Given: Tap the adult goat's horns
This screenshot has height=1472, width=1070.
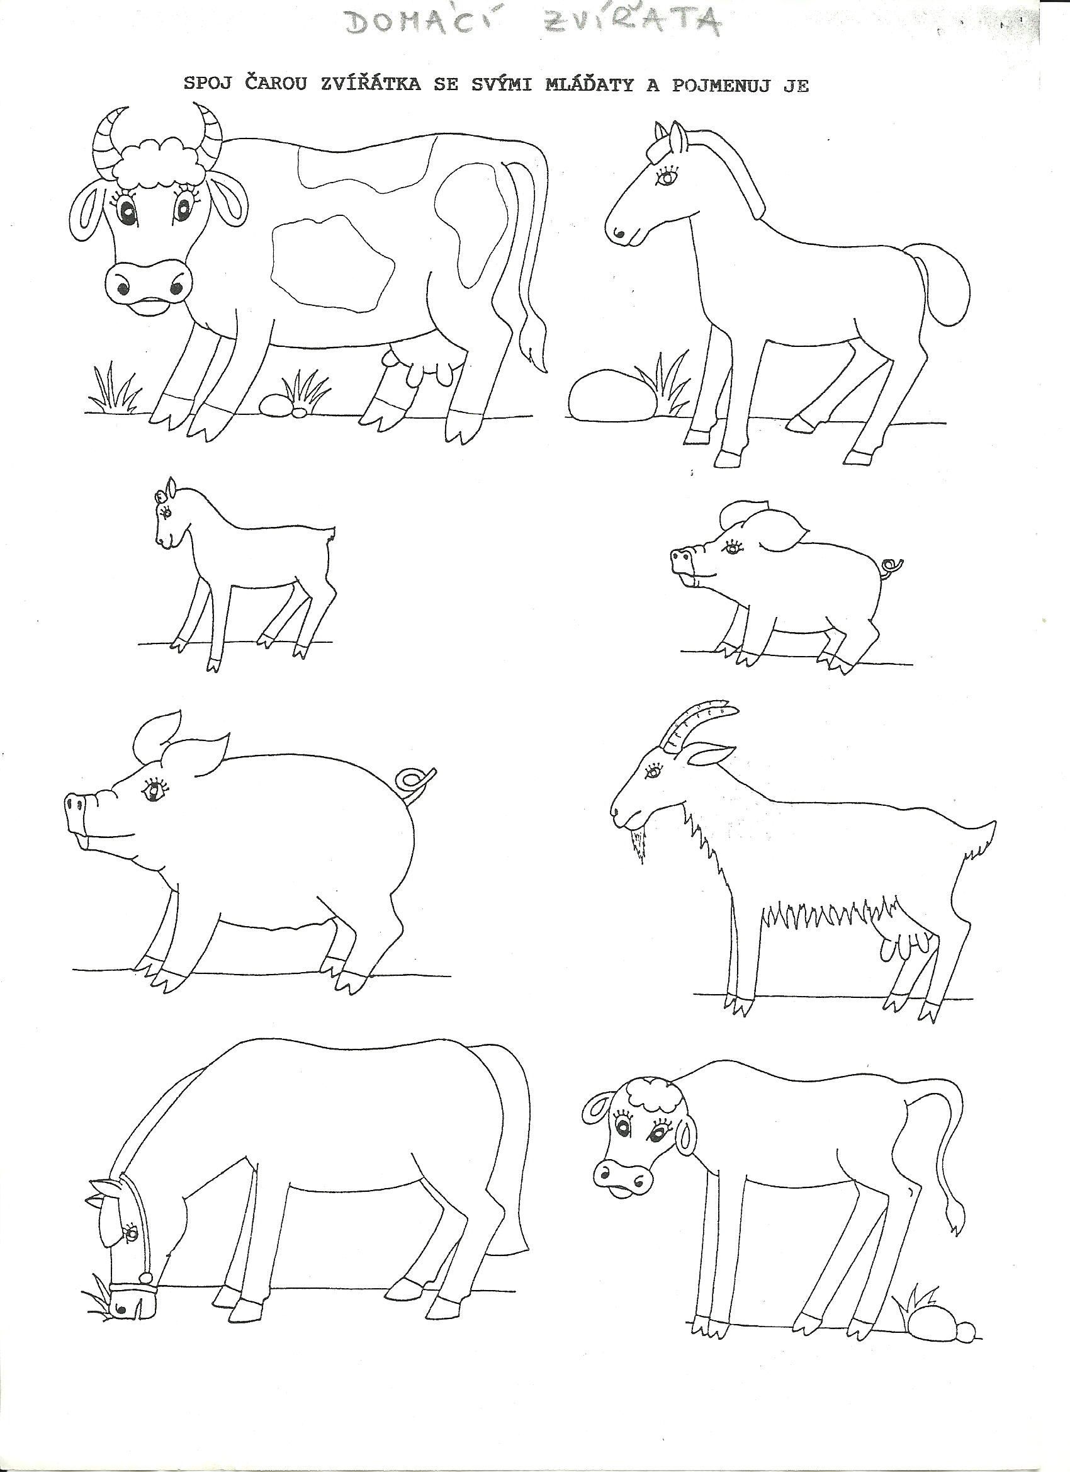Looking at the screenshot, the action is click(697, 724).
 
